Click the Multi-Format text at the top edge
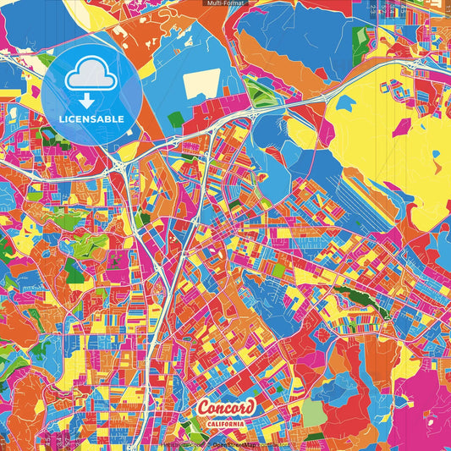[x=225, y=3]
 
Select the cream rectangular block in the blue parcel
[x=201, y=84]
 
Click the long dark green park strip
[x=360, y=300]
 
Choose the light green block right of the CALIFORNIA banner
[x=313, y=413]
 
